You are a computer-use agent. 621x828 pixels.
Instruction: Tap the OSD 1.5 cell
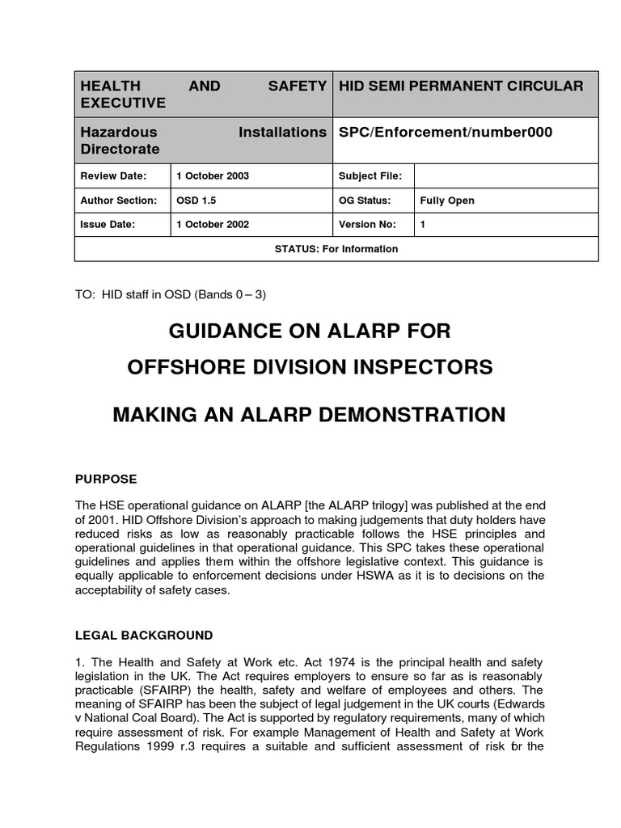192,201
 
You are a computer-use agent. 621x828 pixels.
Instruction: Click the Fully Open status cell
447,201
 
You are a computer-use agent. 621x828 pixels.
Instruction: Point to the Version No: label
370,225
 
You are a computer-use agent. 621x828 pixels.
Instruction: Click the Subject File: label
371,176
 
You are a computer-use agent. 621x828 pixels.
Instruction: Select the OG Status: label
366,201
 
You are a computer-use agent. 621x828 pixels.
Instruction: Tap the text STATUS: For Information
336,249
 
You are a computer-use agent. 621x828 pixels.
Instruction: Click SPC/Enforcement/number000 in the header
446,132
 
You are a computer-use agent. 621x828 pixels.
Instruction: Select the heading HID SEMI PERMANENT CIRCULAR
461,86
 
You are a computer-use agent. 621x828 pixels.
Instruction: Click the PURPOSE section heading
105,479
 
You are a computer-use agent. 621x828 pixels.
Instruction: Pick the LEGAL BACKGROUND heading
143,635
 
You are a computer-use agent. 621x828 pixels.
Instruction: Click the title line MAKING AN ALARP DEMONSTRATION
309,415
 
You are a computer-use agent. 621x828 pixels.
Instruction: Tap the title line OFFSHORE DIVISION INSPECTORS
310,366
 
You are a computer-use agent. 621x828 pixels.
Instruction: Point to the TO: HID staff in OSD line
170,294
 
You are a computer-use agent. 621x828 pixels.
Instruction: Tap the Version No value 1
423,225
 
